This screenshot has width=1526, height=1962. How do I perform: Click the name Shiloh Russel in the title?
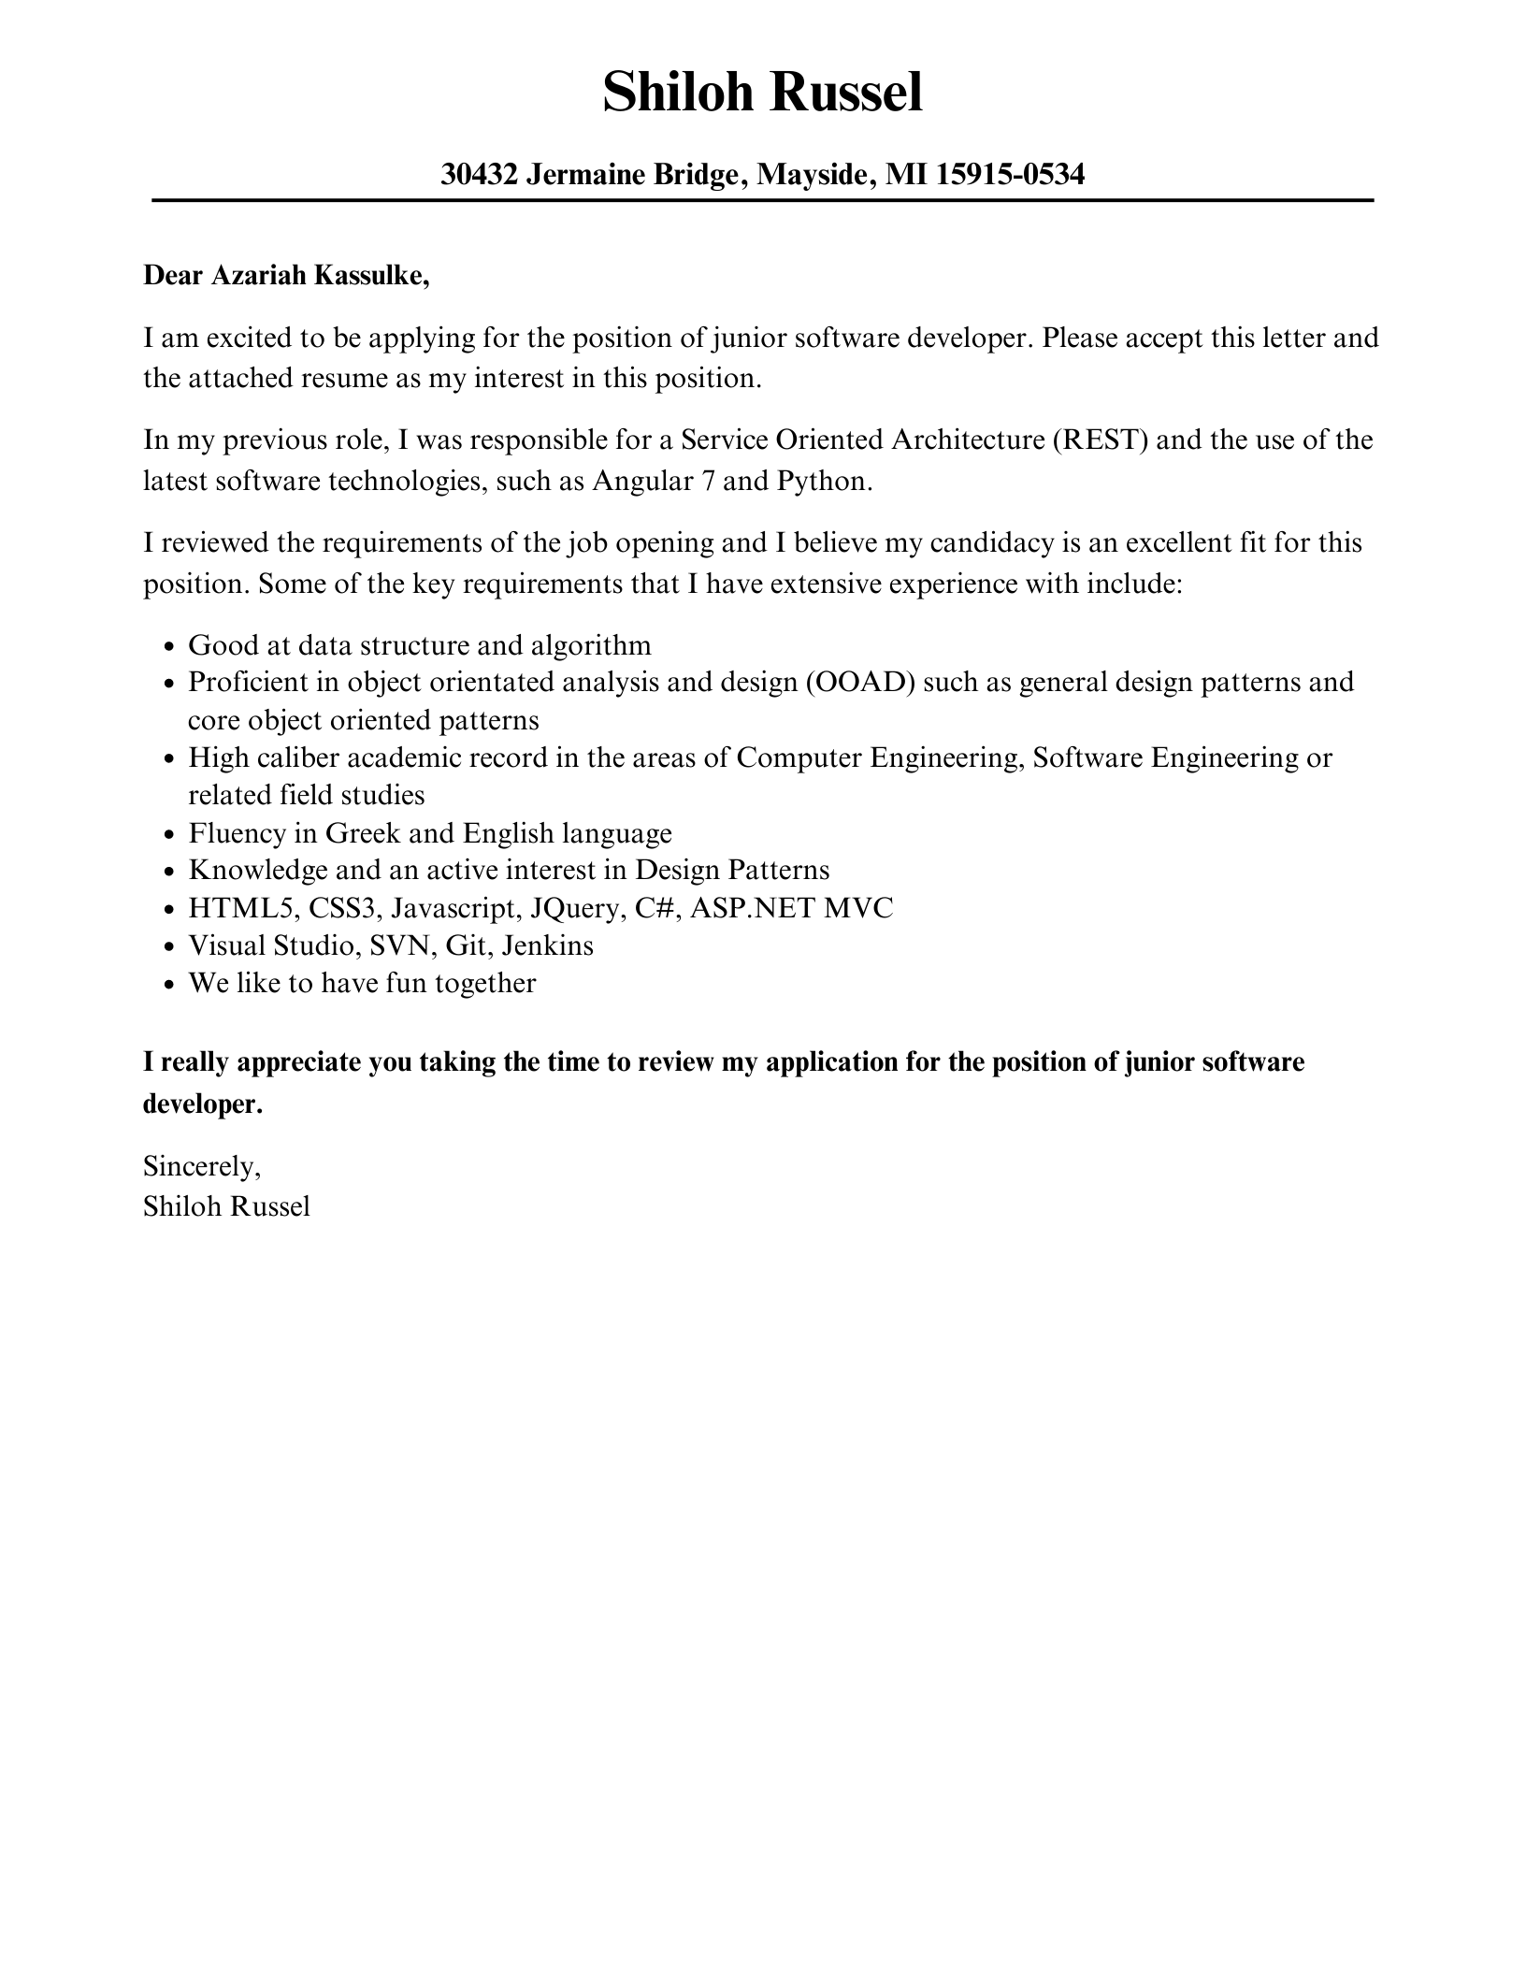[762, 94]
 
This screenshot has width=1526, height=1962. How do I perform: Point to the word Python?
[823, 481]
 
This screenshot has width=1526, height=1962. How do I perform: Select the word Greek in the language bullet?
[363, 832]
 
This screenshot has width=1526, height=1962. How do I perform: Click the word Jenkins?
[547, 945]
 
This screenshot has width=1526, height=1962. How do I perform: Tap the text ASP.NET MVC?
[791, 908]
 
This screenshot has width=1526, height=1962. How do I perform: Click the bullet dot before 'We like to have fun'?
[169, 985]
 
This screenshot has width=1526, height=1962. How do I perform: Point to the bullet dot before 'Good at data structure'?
[169, 647]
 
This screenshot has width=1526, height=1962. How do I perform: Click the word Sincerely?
[201, 1166]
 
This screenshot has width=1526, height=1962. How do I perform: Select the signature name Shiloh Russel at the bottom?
[226, 1206]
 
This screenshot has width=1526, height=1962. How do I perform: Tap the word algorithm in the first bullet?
[590, 645]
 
